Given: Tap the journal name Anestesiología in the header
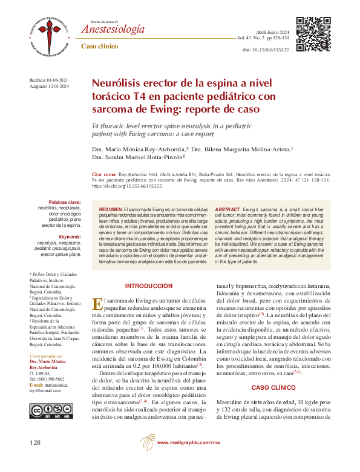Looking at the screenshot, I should point(113,30).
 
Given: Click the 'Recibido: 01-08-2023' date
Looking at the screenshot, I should point(49,80).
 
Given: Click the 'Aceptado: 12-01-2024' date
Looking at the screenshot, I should point(49,87).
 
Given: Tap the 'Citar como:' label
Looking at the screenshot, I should point(104,174).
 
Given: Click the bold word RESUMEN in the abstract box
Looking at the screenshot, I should point(111,208).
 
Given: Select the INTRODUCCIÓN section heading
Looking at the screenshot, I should point(149,285).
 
